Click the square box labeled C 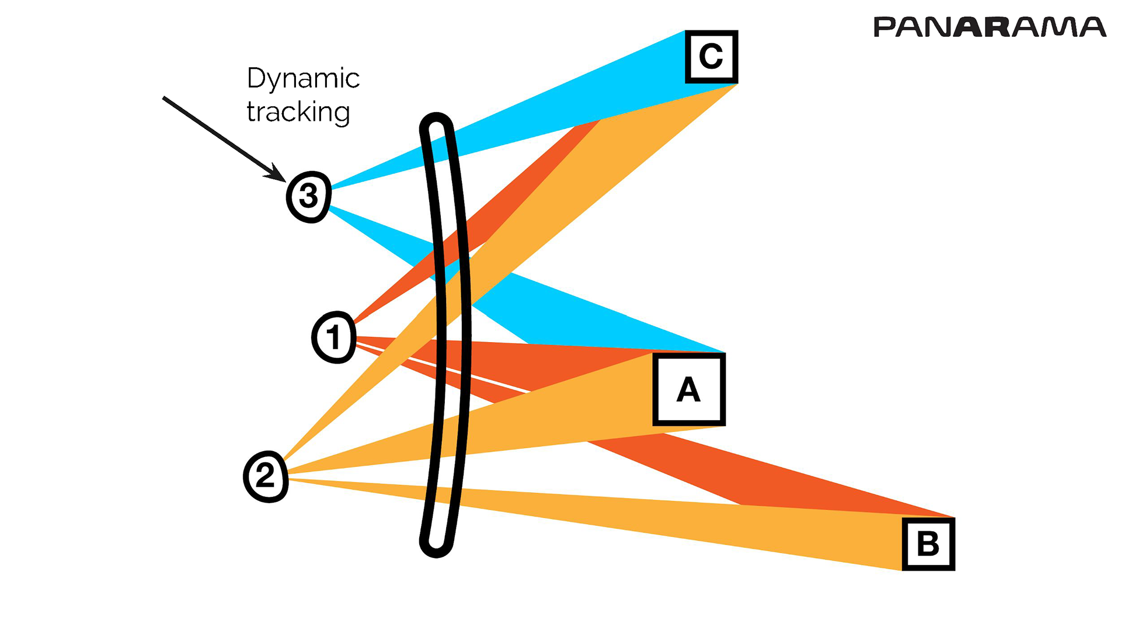[711, 57]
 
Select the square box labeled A [689, 389]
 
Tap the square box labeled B [928, 543]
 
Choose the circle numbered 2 [266, 476]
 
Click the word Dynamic [303, 79]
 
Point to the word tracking [298, 112]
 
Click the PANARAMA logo [989, 27]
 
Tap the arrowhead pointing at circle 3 [276, 173]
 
